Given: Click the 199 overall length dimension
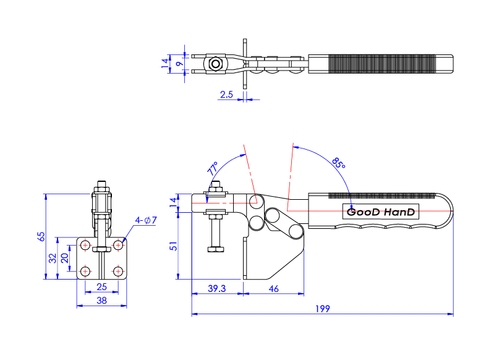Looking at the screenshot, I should (x=322, y=308).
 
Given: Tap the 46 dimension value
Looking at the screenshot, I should (x=273, y=289).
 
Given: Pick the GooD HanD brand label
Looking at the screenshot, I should (x=381, y=212).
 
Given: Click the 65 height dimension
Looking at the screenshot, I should (x=41, y=236).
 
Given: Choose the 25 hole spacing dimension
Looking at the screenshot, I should (x=101, y=286).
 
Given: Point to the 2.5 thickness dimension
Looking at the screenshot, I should (x=226, y=95).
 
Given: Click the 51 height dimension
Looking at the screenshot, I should (x=174, y=246).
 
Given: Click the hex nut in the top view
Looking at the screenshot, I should (x=215, y=64).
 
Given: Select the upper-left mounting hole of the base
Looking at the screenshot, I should (x=85, y=246).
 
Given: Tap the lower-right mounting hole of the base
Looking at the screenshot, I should (x=117, y=271).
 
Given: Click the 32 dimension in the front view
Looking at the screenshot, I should (x=53, y=257).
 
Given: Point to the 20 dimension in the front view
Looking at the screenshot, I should (x=65, y=258).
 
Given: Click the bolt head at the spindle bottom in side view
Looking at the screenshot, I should (x=216, y=249).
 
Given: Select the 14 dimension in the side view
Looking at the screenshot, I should (x=174, y=200).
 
